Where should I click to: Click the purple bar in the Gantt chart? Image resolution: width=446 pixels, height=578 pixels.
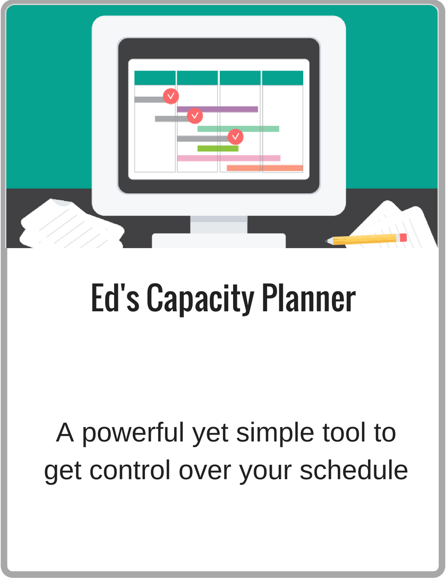click(x=217, y=109)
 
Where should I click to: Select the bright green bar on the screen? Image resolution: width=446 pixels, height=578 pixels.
click(x=218, y=149)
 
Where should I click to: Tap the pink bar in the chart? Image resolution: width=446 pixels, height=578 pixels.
click(x=229, y=158)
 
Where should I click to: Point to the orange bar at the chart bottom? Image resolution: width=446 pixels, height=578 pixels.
click(x=265, y=168)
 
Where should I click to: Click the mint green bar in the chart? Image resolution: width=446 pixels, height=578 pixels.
click(x=238, y=129)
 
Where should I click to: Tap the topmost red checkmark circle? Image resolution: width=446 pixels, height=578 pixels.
click(x=171, y=96)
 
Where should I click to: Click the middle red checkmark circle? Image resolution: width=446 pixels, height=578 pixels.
click(x=195, y=116)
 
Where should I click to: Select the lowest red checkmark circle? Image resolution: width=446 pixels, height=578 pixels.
click(x=236, y=137)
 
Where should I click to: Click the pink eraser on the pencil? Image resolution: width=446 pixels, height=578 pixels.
click(x=404, y=238)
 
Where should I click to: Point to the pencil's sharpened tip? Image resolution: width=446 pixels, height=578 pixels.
click(x=327, y=241)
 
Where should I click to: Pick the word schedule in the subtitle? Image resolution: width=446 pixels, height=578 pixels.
click(x=354, y=470)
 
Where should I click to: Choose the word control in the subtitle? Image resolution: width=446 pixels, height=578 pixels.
click(x=130, y=470)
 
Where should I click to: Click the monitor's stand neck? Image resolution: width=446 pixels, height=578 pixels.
click(x=219, y=225)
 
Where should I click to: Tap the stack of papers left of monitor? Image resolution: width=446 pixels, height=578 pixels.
click(x=72, y=224)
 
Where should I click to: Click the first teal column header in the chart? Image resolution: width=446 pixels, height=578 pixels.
click(x=155, y=78)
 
